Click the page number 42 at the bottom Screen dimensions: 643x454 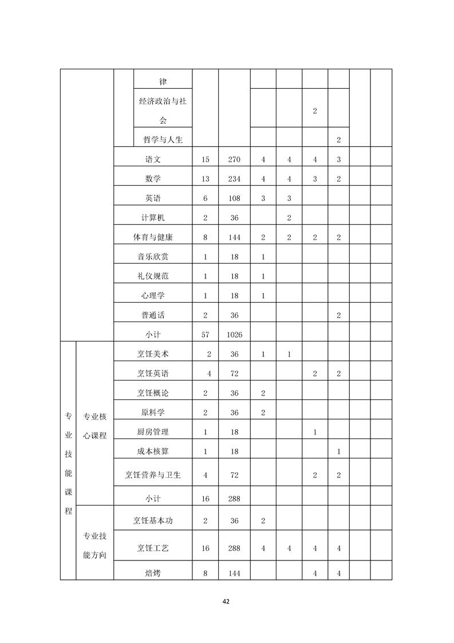click(226, 601)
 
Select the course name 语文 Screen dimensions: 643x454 click(153, 159)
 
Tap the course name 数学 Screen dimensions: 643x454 click(153, 179)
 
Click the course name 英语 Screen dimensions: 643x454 click(153, 198)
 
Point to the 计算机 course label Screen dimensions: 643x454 click(153, 218)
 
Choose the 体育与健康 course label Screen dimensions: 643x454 click(153, 237)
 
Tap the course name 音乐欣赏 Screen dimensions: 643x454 click(153, 257)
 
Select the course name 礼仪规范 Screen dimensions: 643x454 click(153, 276)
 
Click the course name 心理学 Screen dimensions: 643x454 click(153, 296)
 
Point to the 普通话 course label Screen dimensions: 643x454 click(153, 315)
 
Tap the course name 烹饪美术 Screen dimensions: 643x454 click(153, 354)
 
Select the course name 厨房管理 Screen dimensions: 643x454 click(153, 432)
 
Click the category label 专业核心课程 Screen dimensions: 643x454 click(95, 425)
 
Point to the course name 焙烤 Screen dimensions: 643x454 click(153, 571)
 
